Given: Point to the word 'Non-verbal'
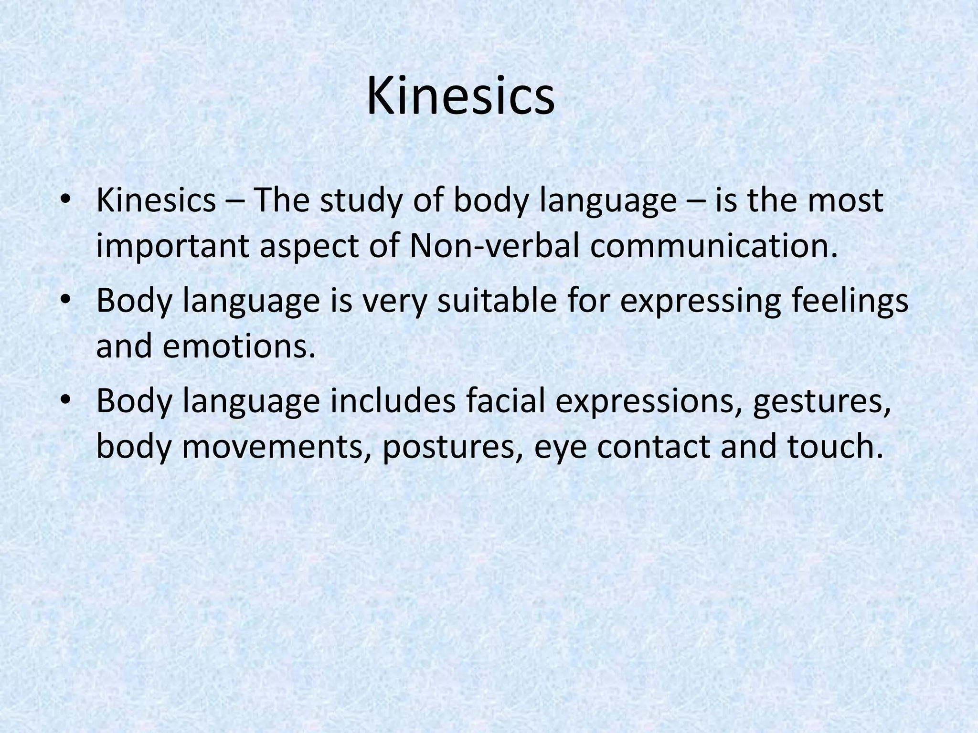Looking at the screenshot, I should tap(495, 246).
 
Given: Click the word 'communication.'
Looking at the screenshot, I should tap(714, 246).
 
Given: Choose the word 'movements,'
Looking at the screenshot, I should tap(276, 447).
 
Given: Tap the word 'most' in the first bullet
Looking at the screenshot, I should tap(845, 201).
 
